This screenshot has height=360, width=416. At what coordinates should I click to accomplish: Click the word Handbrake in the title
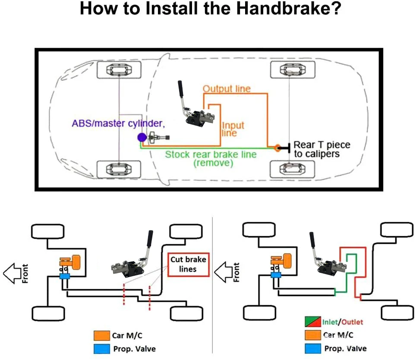[x=289, y=8]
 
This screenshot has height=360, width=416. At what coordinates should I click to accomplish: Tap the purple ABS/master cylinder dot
[x=142, y=137]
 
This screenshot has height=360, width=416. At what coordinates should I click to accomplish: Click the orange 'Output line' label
[x=227, y=88]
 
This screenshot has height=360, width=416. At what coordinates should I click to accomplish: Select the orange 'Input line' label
[x=233, y=129]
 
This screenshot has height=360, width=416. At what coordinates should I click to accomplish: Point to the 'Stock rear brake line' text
[x=211, y=154]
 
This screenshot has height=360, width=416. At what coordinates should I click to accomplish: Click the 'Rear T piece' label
[x=322, y=145]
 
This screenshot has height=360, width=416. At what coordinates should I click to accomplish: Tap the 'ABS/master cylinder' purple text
[x=118, y=123]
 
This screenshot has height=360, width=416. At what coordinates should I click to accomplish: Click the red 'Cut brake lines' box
[x=189, y=265]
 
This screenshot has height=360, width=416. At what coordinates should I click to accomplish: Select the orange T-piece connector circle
[x=277, y=148]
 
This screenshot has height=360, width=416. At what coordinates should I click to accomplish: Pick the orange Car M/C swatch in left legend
[x=101, y=335]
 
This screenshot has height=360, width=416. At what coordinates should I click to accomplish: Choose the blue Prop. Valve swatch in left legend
[x=101, y=349]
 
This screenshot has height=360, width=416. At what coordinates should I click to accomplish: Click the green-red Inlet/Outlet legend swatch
[x=313, y=322]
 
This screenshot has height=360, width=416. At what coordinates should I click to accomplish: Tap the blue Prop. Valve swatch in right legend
[x=313, y=348]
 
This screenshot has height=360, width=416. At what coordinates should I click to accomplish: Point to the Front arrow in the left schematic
[x=12, y=273]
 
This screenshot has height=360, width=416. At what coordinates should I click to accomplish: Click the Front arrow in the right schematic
[x=223, y=272]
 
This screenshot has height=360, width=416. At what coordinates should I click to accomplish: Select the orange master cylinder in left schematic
[x=70, y=262]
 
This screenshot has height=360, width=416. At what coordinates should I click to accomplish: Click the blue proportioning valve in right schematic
[x=276, y=275]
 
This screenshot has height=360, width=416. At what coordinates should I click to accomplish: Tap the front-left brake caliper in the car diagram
[x=119, y=70]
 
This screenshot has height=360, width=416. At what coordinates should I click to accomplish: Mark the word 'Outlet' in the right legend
[x=352, y=322]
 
